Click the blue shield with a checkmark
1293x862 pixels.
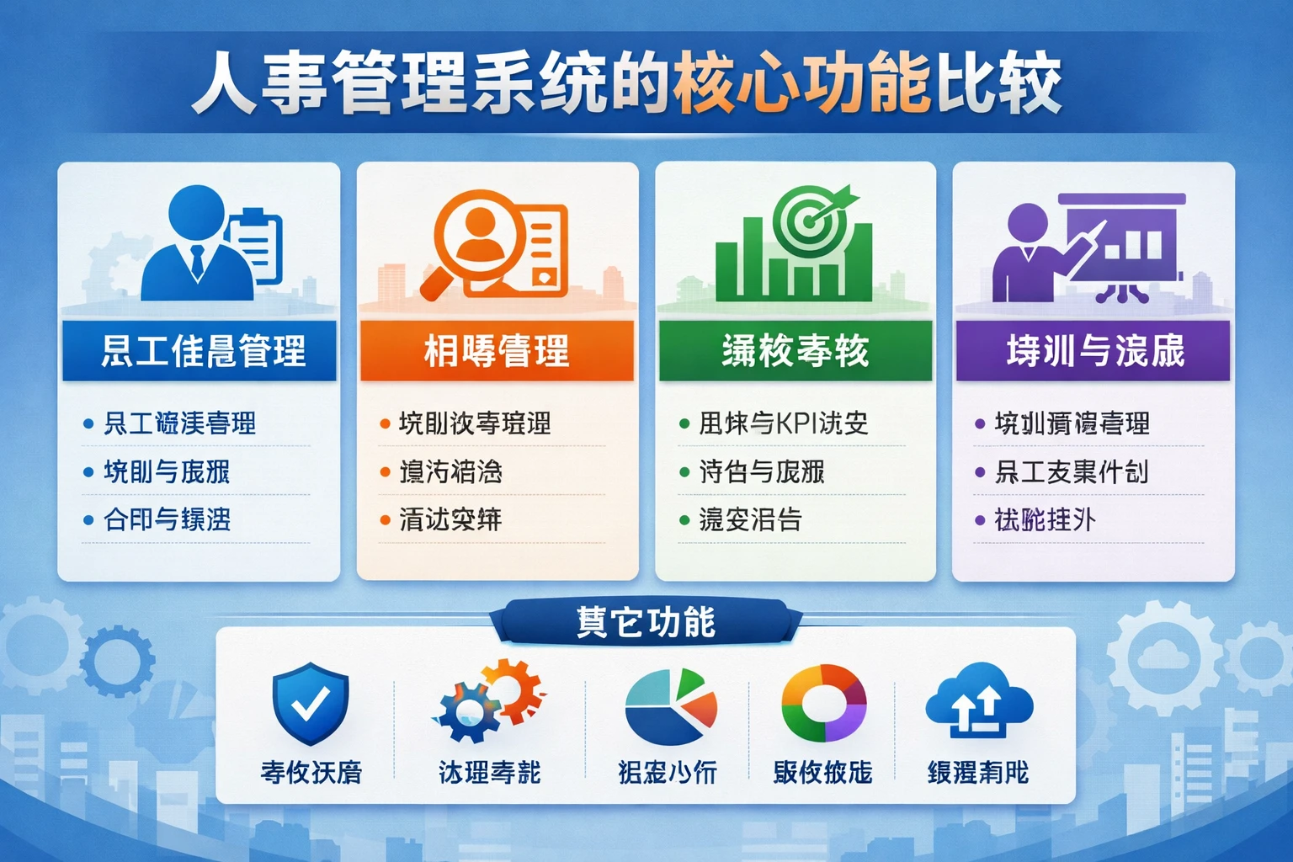pyautogui.click(x=310, y=703)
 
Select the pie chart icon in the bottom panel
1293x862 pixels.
pyautogui.click(x=670, y=707)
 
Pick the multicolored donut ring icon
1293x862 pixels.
pyautogui.click(x=823, y=704)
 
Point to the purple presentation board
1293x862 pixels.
pyautogui.click(x=1124, y=240)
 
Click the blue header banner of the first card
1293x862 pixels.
pyautogui.click(x=200, y=351)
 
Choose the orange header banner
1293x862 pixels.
pyautogui.click(x=497, y=351)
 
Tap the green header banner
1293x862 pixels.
pyautogui.click(x=795, y=351)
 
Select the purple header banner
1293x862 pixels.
pyautogui.click(x=1093, y=351)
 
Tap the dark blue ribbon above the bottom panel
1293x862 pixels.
pyautogui.click(x=646, y=622)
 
